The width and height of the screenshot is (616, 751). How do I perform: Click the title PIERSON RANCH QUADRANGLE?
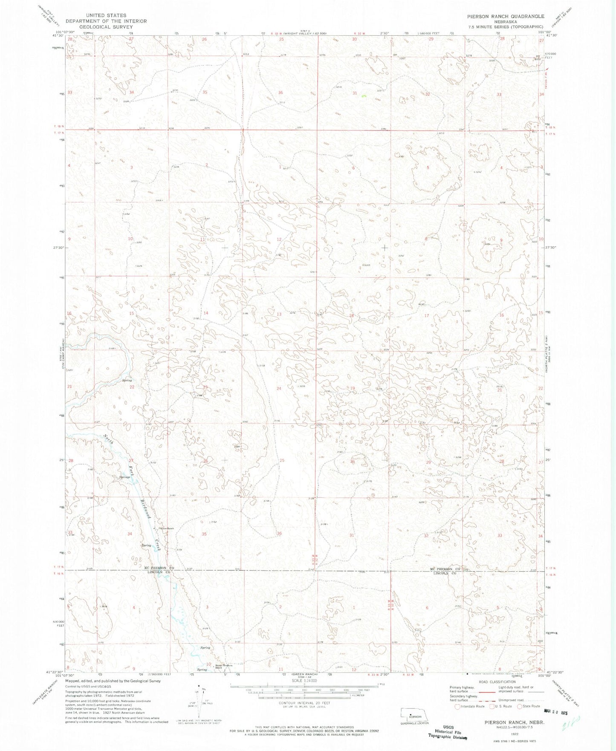coord(505,16)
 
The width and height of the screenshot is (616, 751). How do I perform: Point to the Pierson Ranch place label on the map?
coord(166,529)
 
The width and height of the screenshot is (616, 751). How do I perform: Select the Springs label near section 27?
coord(124,477)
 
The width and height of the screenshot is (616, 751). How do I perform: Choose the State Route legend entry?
coord(526,706)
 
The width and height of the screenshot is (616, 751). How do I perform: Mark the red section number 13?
coord(279,314)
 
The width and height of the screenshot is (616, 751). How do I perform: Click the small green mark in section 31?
coord(364,96)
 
